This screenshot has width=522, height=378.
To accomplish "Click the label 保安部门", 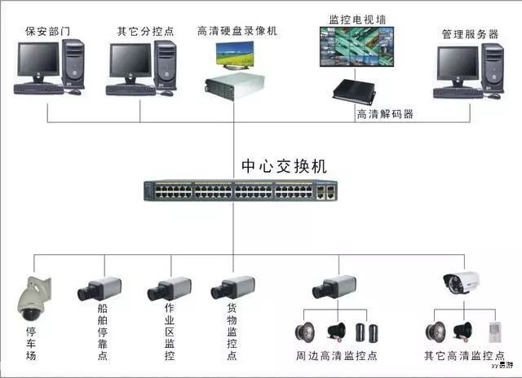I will [48, 32].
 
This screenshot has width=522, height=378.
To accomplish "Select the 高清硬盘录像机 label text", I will [237, 31].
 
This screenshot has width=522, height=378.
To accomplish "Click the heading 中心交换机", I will [285, 165].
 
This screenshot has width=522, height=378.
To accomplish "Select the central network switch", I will [237, 191].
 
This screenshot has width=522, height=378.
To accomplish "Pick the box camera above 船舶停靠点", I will [100, 289].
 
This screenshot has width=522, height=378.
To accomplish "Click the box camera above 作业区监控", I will [169, 289].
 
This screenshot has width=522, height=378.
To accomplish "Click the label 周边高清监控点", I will [336, 356].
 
